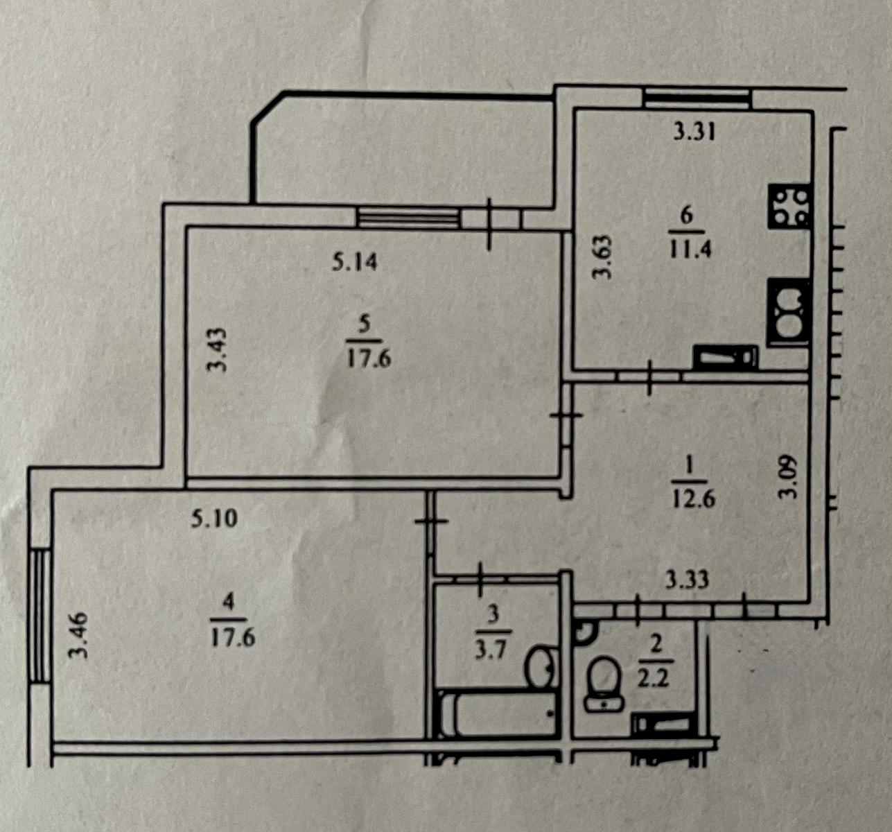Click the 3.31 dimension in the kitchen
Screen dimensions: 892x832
[694, 132]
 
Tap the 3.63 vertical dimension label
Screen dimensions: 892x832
[602, 257]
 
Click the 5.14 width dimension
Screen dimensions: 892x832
[354, 262]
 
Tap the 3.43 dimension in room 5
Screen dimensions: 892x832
[217, 350]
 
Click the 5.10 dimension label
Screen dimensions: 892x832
[213, 519]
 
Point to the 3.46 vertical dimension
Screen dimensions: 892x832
[78, 634]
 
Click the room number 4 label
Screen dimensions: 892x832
[228, 601]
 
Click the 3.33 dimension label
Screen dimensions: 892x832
[687, 580]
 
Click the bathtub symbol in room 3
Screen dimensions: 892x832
[498, 714]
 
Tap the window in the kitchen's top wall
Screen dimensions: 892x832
[697, 99]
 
